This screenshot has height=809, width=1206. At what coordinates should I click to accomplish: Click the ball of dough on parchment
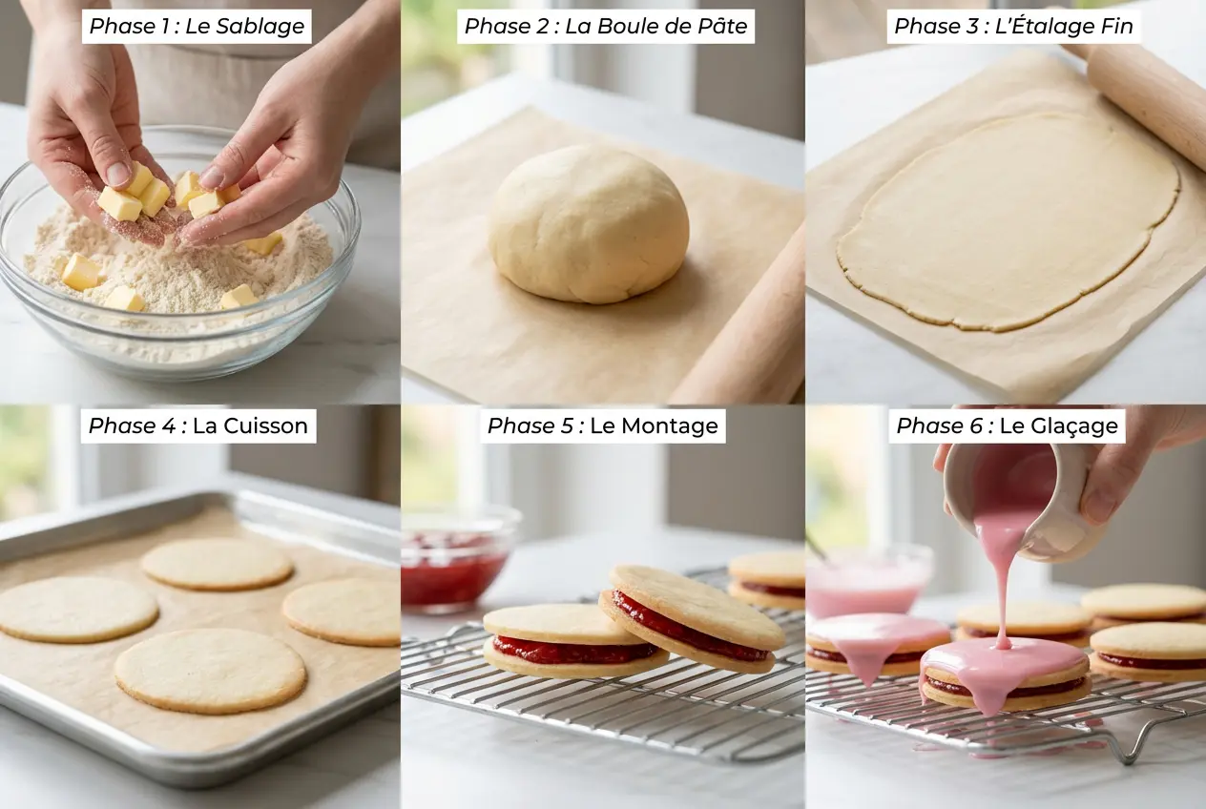click(x=589, y=223)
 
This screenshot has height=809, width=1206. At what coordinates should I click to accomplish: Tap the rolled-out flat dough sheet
click(x=1008, y=221)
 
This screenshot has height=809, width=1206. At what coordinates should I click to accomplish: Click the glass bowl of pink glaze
click(x=866, y=584)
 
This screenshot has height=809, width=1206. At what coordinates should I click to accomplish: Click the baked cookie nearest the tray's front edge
click(x=211, y=670)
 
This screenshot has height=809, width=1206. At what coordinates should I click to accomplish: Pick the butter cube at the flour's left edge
click(x=81, y=272)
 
